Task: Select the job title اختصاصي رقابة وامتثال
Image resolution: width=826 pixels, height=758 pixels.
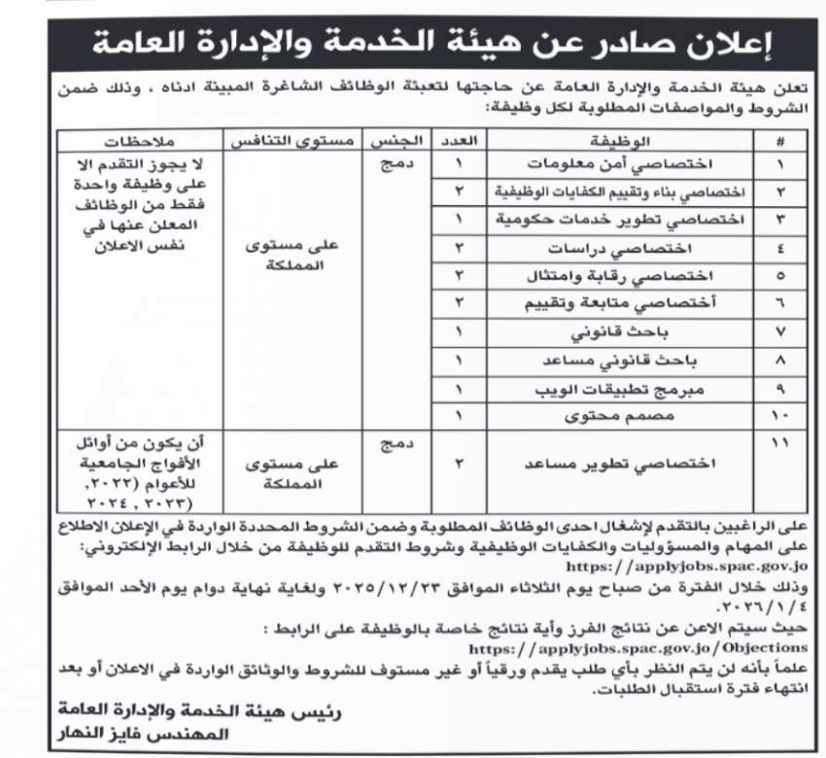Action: (633, 276)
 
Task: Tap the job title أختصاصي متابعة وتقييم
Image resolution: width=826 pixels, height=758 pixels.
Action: (633, 304)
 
